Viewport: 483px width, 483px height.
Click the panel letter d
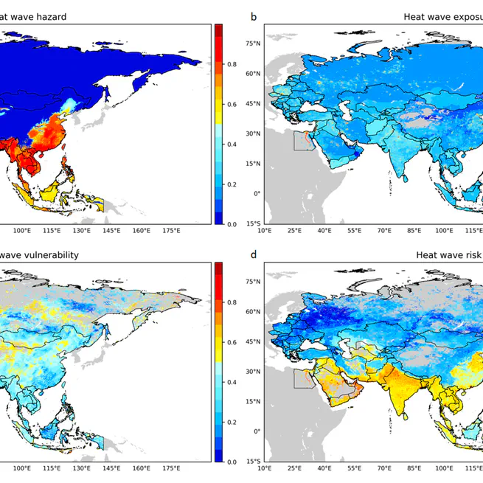pyautogui.click(x=254, y=254)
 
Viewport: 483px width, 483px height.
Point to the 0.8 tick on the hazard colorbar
pyautogui.click(x=232, y=65)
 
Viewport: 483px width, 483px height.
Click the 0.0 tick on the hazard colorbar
pyautogui.click(x=232, y=223)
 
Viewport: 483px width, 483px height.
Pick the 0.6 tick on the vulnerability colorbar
pyautogui.click(x=232, y=342)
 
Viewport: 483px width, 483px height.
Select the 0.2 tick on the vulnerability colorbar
pyautogui.click(x=232, y=422)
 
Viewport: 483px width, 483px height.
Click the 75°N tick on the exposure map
pyautogui.click(x=253, y=44)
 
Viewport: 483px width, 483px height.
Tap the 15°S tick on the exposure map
pyautogui.click(x=253, y=223)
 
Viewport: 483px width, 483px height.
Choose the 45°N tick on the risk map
pyautogui.click(x=253, y=341)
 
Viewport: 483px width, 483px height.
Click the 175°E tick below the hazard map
pyautogui.click(x=172, y=231)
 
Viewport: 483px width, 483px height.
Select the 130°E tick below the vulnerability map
pyautogui.click(x=82, y=469)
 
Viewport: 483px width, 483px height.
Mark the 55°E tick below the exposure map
pyautogui.click(x=354, y=231)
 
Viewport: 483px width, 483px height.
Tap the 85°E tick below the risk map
pyautogui.click(x=414, y=469)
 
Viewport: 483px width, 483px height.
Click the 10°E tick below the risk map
pyautogui.click(x=264, y=469)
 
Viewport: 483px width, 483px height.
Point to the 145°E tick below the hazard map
pyautogui.click(x=112, y=231)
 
